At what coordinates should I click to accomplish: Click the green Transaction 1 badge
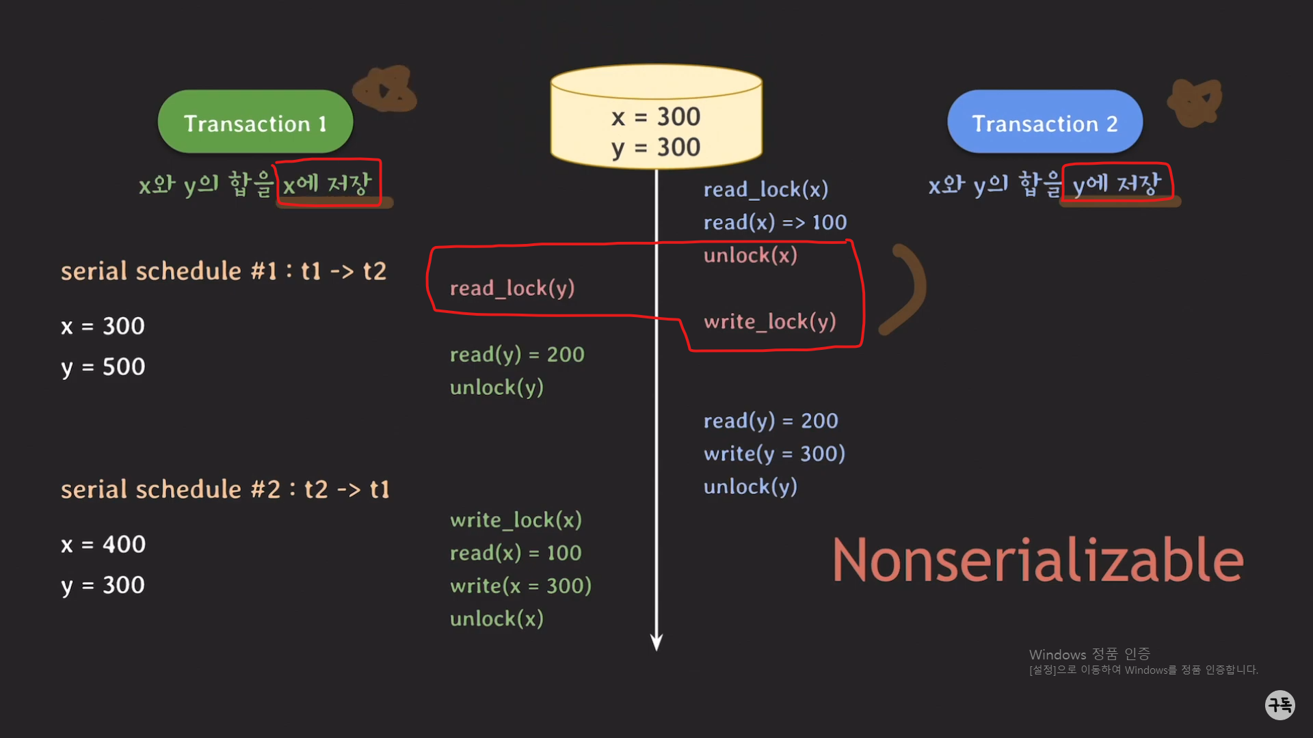pos(255,122)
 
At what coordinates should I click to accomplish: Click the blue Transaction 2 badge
pos(1044,122)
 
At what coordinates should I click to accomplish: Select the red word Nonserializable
pos(1037,560)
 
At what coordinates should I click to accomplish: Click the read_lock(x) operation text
pos(765,189)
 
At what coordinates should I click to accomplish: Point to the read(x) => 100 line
pos(775,222)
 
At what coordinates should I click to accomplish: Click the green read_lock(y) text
pos(512,288)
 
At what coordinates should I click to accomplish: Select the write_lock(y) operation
pos(769,321)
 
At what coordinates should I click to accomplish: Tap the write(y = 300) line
pos(774,453)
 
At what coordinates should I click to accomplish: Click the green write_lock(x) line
pos(516,520)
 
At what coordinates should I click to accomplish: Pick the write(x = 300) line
pos(520,586)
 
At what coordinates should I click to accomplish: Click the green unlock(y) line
pos(496,387)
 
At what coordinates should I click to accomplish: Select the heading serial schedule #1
pos(223,271)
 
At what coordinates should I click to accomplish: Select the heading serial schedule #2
pos(224,489)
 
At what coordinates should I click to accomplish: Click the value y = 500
pos(103,367)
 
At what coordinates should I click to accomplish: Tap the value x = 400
pos(103,545)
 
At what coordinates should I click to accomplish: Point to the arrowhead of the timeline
pos(656,642)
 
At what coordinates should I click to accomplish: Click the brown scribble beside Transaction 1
pos(385,90)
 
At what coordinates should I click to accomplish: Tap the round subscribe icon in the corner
pos(1279,705)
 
